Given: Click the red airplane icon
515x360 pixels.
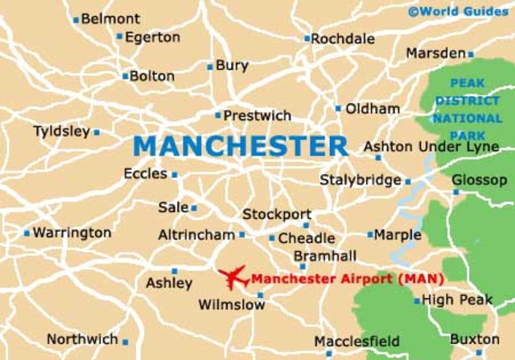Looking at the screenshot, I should tap(233, 278).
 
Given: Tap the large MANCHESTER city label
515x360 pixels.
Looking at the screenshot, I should tap(241, 146).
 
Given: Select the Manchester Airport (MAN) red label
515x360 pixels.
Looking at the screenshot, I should tap(348, 279).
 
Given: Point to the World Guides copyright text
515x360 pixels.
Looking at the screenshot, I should tap(458, 11).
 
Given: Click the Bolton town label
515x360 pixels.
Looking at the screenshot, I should tap(152, 77).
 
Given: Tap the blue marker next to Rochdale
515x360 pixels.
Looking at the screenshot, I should tap(307, 39).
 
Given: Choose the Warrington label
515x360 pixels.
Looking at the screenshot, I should tap(72, 233).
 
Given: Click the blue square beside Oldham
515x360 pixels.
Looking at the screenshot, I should tap(338, 108).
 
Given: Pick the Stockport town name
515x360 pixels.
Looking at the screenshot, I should tap(277, 214).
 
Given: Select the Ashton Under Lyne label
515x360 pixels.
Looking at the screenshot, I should tap(431, 147).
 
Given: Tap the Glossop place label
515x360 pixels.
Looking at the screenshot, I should tap(480, 180).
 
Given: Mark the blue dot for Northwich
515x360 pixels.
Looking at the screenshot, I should tap(125, 341).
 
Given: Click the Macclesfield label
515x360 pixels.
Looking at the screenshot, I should tap(356, 341).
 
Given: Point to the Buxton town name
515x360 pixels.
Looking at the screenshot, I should tap(474, 339).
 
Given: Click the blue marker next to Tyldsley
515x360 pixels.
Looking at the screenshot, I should tap(97, 132).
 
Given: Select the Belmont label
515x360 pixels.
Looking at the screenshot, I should tap(110, 18).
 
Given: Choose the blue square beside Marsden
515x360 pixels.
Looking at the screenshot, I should tap(471, 55).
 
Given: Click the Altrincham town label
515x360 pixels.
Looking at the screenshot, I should tap(197, 234).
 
